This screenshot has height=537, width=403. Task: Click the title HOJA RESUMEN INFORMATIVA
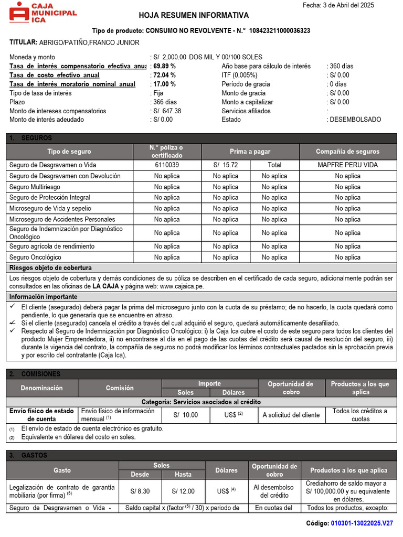point(194,16)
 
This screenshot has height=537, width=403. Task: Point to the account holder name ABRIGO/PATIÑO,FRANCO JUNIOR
point(89,42)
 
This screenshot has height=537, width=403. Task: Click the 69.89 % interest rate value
point(164,66)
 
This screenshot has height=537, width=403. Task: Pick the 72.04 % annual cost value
point(164,75)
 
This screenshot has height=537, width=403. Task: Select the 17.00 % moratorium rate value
point(164,84)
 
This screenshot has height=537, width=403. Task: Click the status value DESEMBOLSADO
point(355,120)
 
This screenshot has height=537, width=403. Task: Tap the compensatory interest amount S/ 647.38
point(167,111)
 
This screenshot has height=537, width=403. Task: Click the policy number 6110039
point(167,165)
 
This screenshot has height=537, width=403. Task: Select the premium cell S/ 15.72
point(226,165)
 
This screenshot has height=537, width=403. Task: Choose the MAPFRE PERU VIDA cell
point(347,165)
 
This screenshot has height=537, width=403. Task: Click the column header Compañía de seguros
point(347,152)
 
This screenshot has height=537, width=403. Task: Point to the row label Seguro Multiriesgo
point(35,187)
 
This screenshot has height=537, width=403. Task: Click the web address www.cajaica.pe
point(182,286)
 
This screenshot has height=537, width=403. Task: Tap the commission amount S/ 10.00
point(186,415)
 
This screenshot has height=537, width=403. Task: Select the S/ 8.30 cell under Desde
point(140,491)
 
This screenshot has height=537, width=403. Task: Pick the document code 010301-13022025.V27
point(362,523)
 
